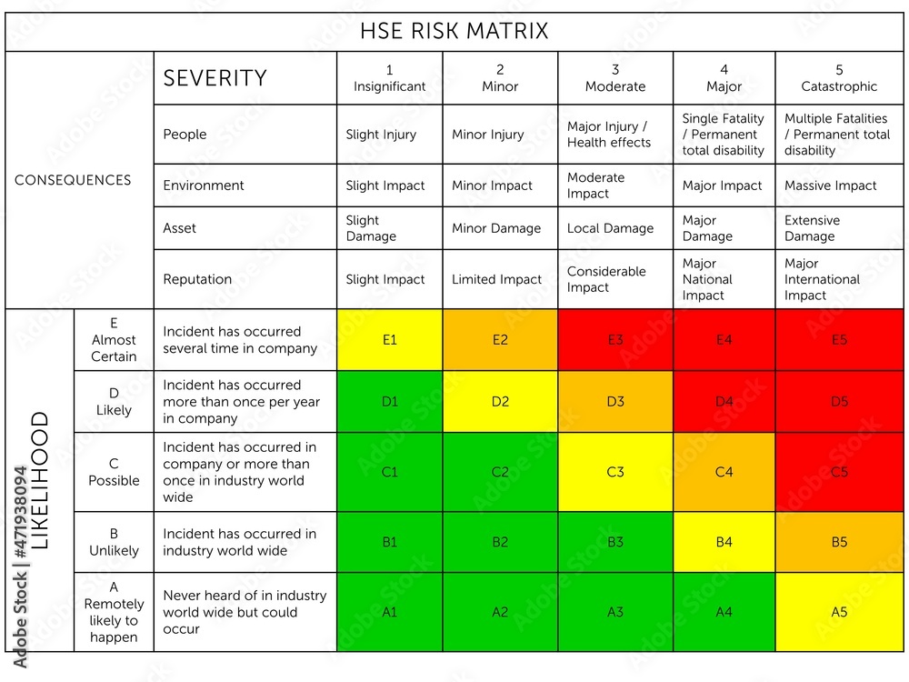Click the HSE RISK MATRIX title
pos(454,32)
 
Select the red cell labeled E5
pos(839,340)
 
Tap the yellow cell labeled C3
pos(615,472)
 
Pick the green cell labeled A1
pos(389,612)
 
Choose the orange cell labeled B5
pos(839,542)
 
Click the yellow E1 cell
pos(389,340)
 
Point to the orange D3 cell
pos(615,401)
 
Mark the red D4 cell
pos(724,401)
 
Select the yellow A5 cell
pos(839,612)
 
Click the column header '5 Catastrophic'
pos(839,78)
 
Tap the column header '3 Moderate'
pos(615,78)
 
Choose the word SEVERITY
pos(215,78)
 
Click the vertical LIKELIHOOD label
pos(40,480)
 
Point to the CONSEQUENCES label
pos(73,180)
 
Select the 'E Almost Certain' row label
pos(114,339)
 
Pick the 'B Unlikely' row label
pos(114,542)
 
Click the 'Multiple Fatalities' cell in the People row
pos(837,135)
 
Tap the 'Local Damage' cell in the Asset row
pos(610,228)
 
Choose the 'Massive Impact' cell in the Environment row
pos(831,186)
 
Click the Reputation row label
pos(197,279)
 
